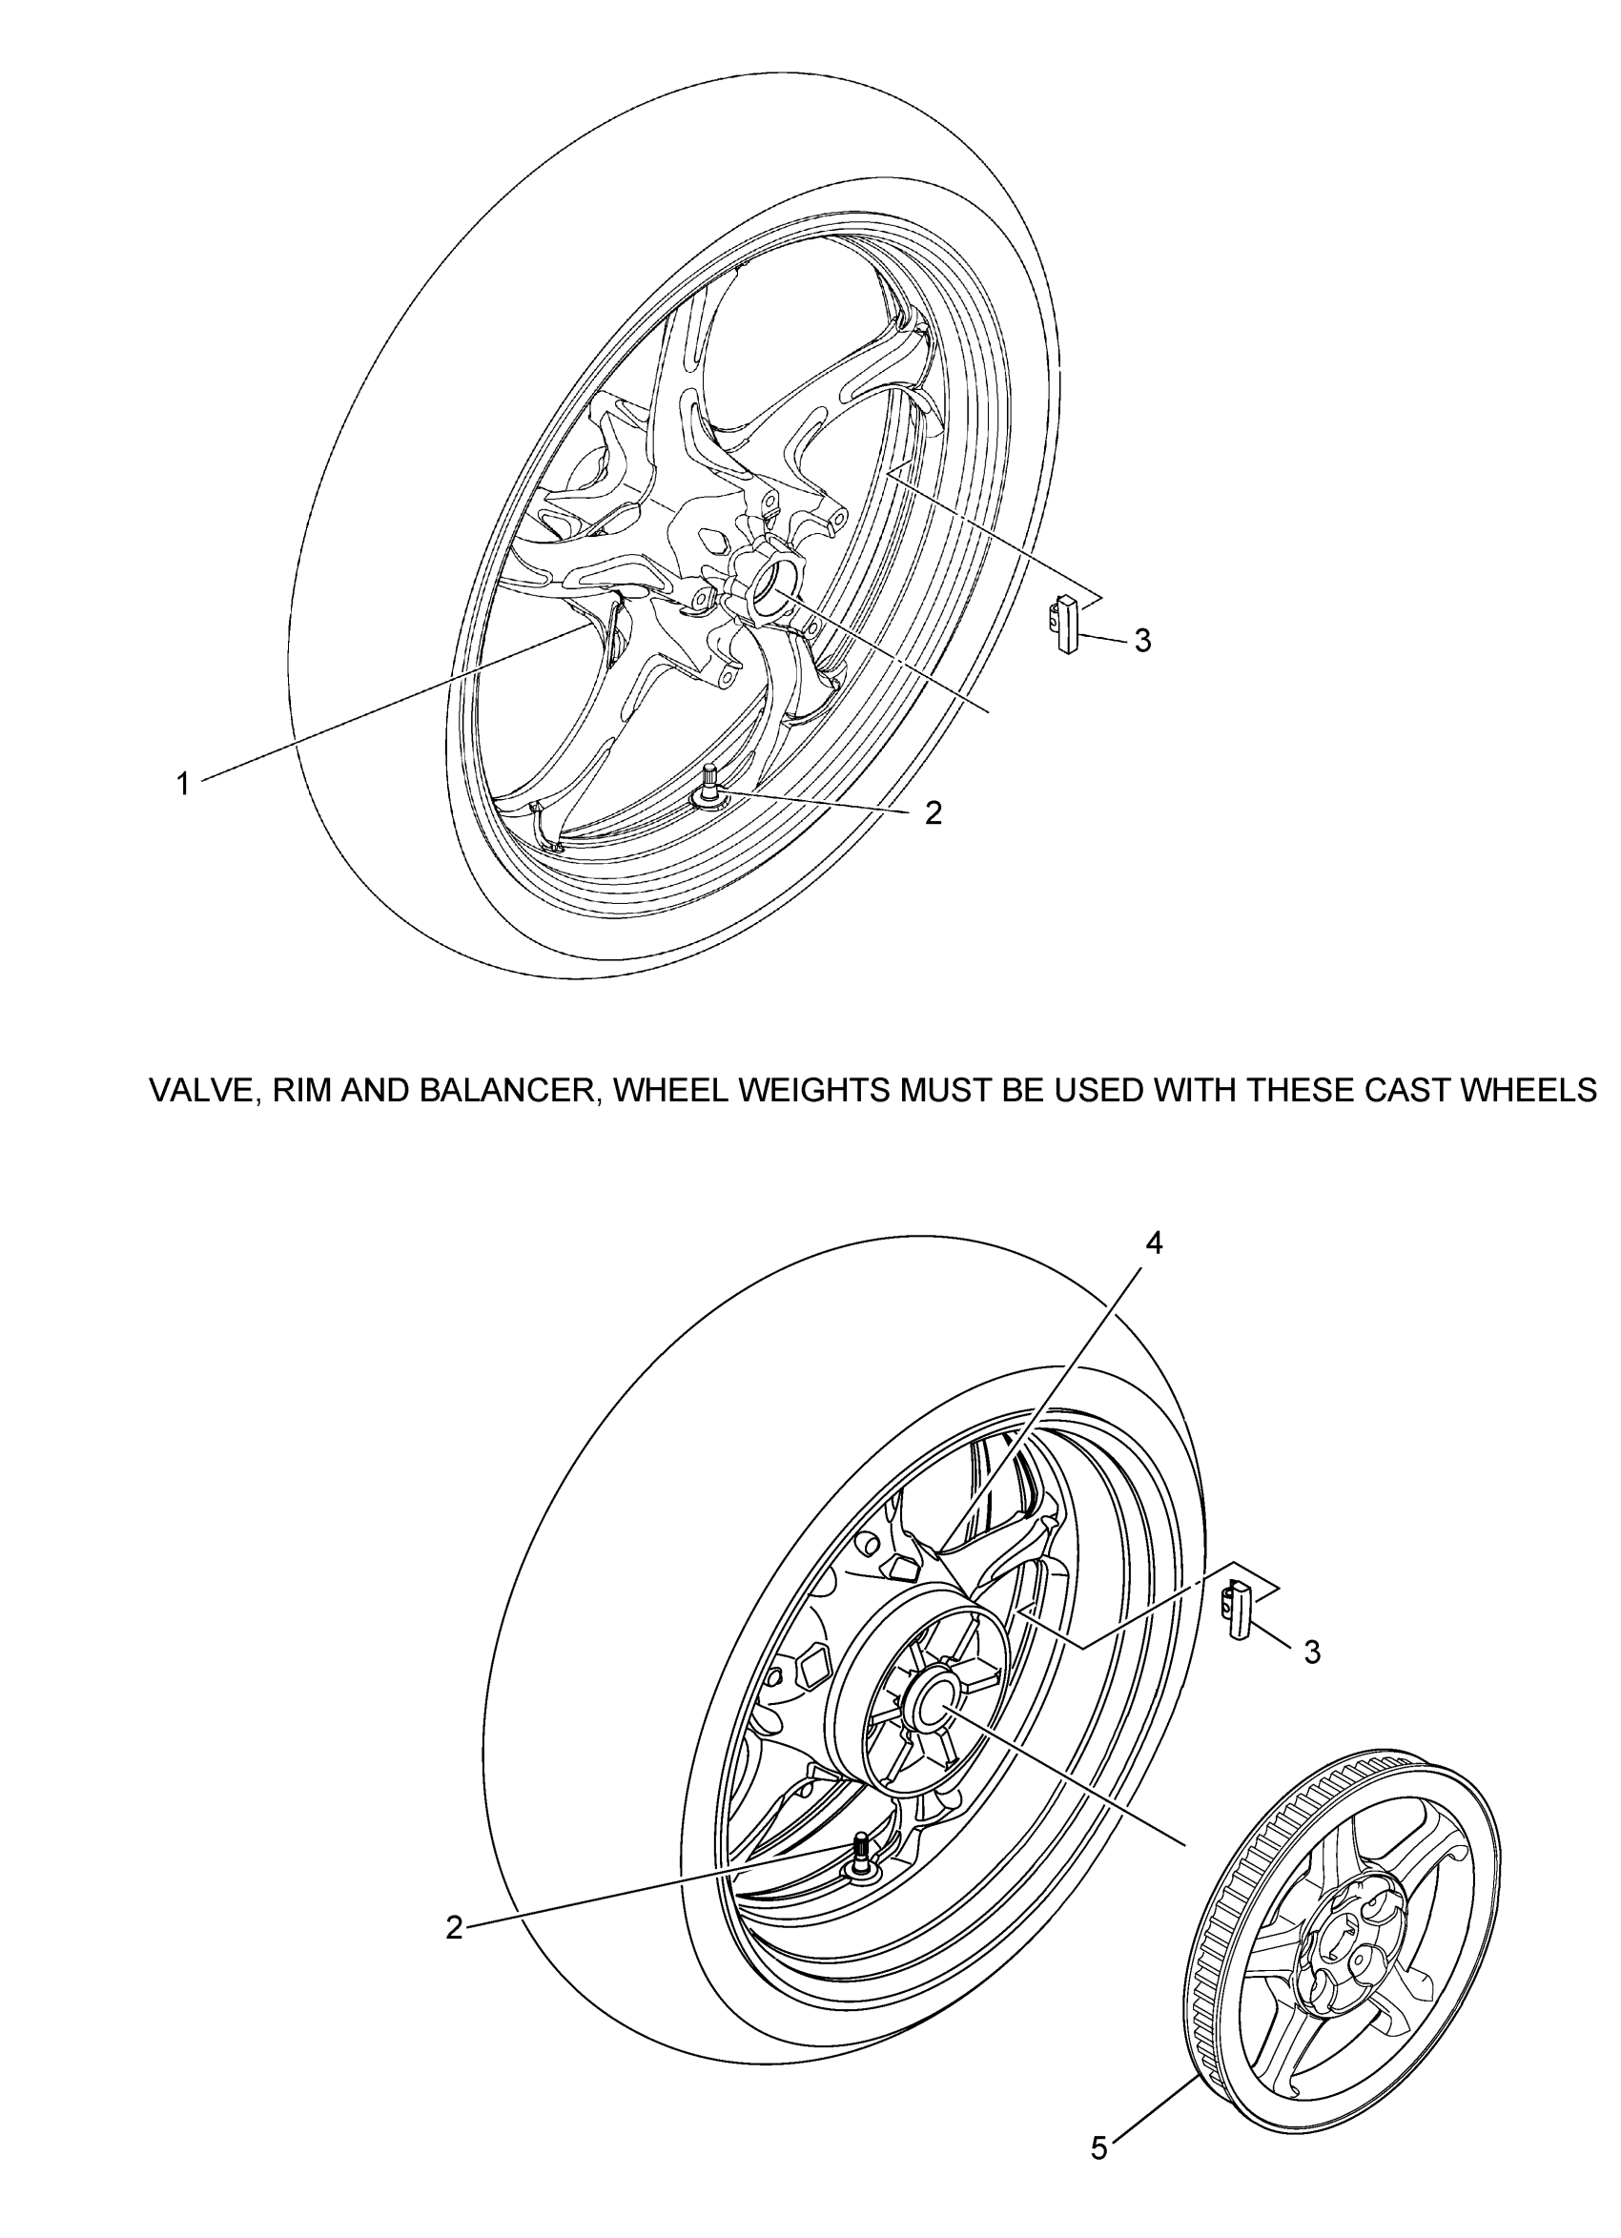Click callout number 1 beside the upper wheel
pos(182,785)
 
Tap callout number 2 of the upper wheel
pos(934,813)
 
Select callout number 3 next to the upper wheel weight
pos(1141,642)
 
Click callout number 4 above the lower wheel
pos(1154,1244)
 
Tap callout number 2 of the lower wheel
pos(454,1927)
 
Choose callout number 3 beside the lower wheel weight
pos(1312,1652)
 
